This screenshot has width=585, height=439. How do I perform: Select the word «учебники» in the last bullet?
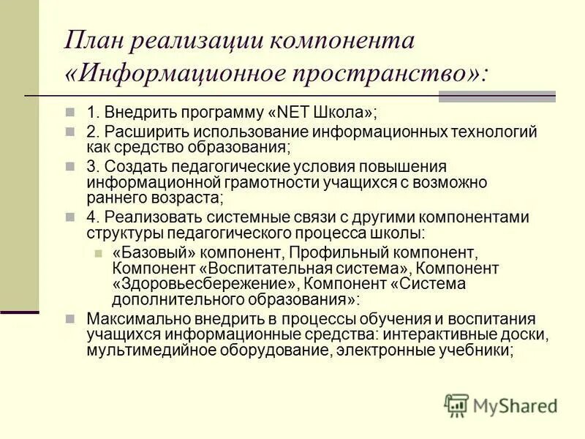click(x=477, y=350)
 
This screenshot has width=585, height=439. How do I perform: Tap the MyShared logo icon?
click(x=456, y=405)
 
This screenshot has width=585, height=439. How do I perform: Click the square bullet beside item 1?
click(x=71, y=113)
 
